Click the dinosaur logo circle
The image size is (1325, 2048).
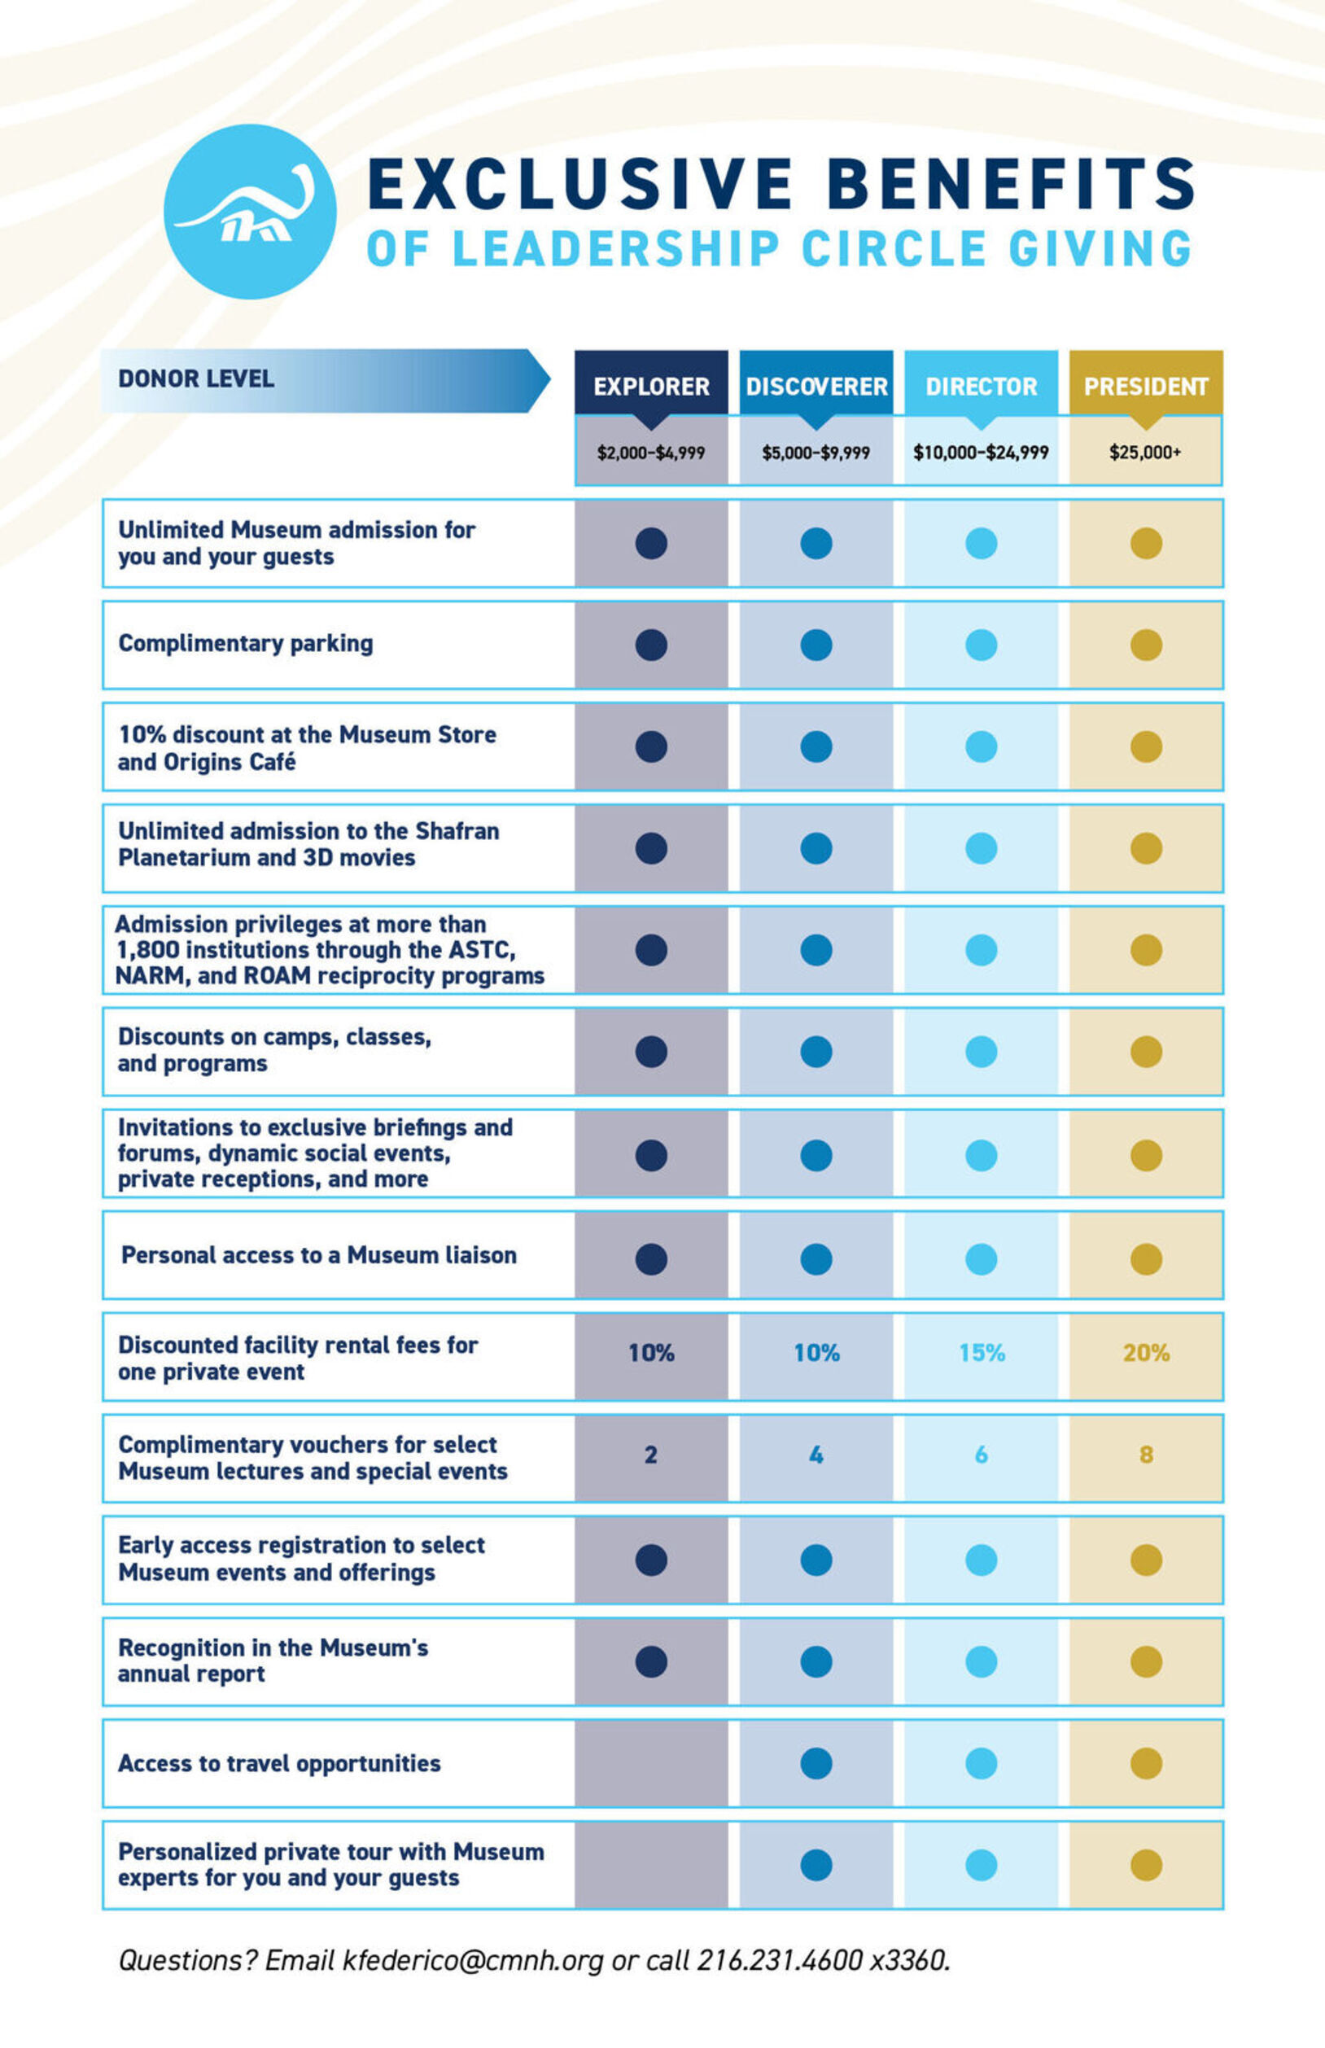pos(250,212)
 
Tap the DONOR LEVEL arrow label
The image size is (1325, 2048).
pos(196,379)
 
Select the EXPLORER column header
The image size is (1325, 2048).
pos(651,387)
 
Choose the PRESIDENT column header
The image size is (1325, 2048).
pos(1145,387)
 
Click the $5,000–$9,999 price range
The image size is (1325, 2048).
pos(816,453)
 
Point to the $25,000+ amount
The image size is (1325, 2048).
pos(1145,453)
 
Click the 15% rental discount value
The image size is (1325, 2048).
pos(982,1354)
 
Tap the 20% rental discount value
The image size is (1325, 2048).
pos(1146,1354)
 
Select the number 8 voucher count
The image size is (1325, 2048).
pos(1146,1455)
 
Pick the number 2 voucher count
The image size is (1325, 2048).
pos(651,1455)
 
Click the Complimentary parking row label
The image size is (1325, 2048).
pos(246,644)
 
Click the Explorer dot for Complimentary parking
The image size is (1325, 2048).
pos(651,645)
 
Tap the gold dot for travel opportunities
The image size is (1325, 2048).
pos(1146,1763)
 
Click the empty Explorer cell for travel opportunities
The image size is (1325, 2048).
pos(651,1763)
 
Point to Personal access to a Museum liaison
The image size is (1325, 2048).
pos(318,1255)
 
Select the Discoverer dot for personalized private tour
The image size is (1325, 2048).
pos(816,1865)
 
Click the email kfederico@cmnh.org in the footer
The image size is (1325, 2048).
pos(472,1961)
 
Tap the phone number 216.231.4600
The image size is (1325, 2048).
pos(779,1961)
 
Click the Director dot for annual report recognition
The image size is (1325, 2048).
pos(982,1661)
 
